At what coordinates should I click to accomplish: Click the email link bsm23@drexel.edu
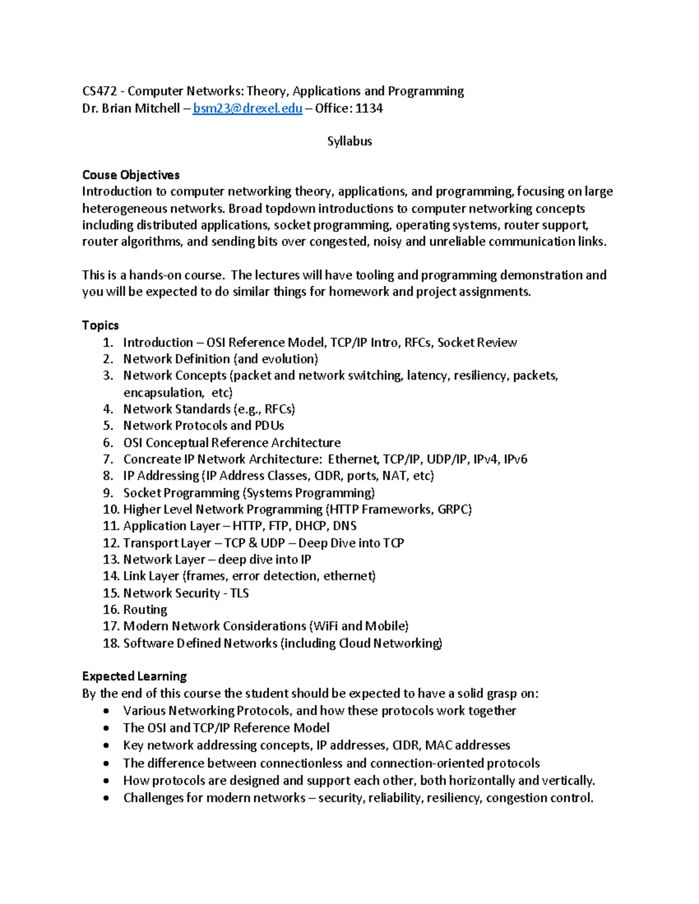pyautogui.click(x=248, y=108)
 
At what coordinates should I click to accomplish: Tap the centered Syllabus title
pyautogui.click(x=349, y=141)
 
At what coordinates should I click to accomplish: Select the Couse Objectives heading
pyautogui.click(x=130, y=175)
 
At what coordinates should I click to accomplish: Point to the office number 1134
pyautogui.click(x=369, y=108)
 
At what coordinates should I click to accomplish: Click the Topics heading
pyautogui.click(x=100, y=325)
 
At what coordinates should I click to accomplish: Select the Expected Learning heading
pyautogui.click(x=134, y=676)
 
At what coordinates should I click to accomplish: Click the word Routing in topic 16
pyautogui.click(x=145, y=609)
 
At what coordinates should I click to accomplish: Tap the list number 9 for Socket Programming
pyautogui.click(x=108, y=493)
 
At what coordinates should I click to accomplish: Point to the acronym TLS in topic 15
pyautogui.click(x=239, y=593)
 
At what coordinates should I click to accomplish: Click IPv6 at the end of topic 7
pyautogui.click(x=516, y=459)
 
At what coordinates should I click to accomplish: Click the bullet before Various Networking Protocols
pyautogui.click(x=105, y=711)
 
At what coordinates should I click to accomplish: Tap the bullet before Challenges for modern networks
pyautogui.click(x=105, y=798)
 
